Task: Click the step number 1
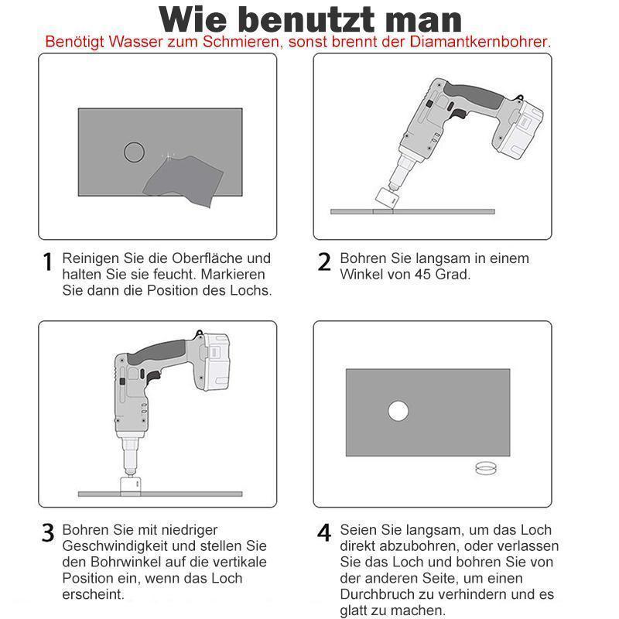pyautogui.click(x=48, y=262)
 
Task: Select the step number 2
pyautogui.click(x=324, y=262)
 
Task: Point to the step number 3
pyautogui.click(x=48, y=533)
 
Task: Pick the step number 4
pyautogui.click(x=324, y=533)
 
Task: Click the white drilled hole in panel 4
pyautogui.click(x=398, y=411)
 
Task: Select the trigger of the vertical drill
pyautogui.click(x=152, y=378)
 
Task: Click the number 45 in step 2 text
pyautogui.click(x=422, y=275)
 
